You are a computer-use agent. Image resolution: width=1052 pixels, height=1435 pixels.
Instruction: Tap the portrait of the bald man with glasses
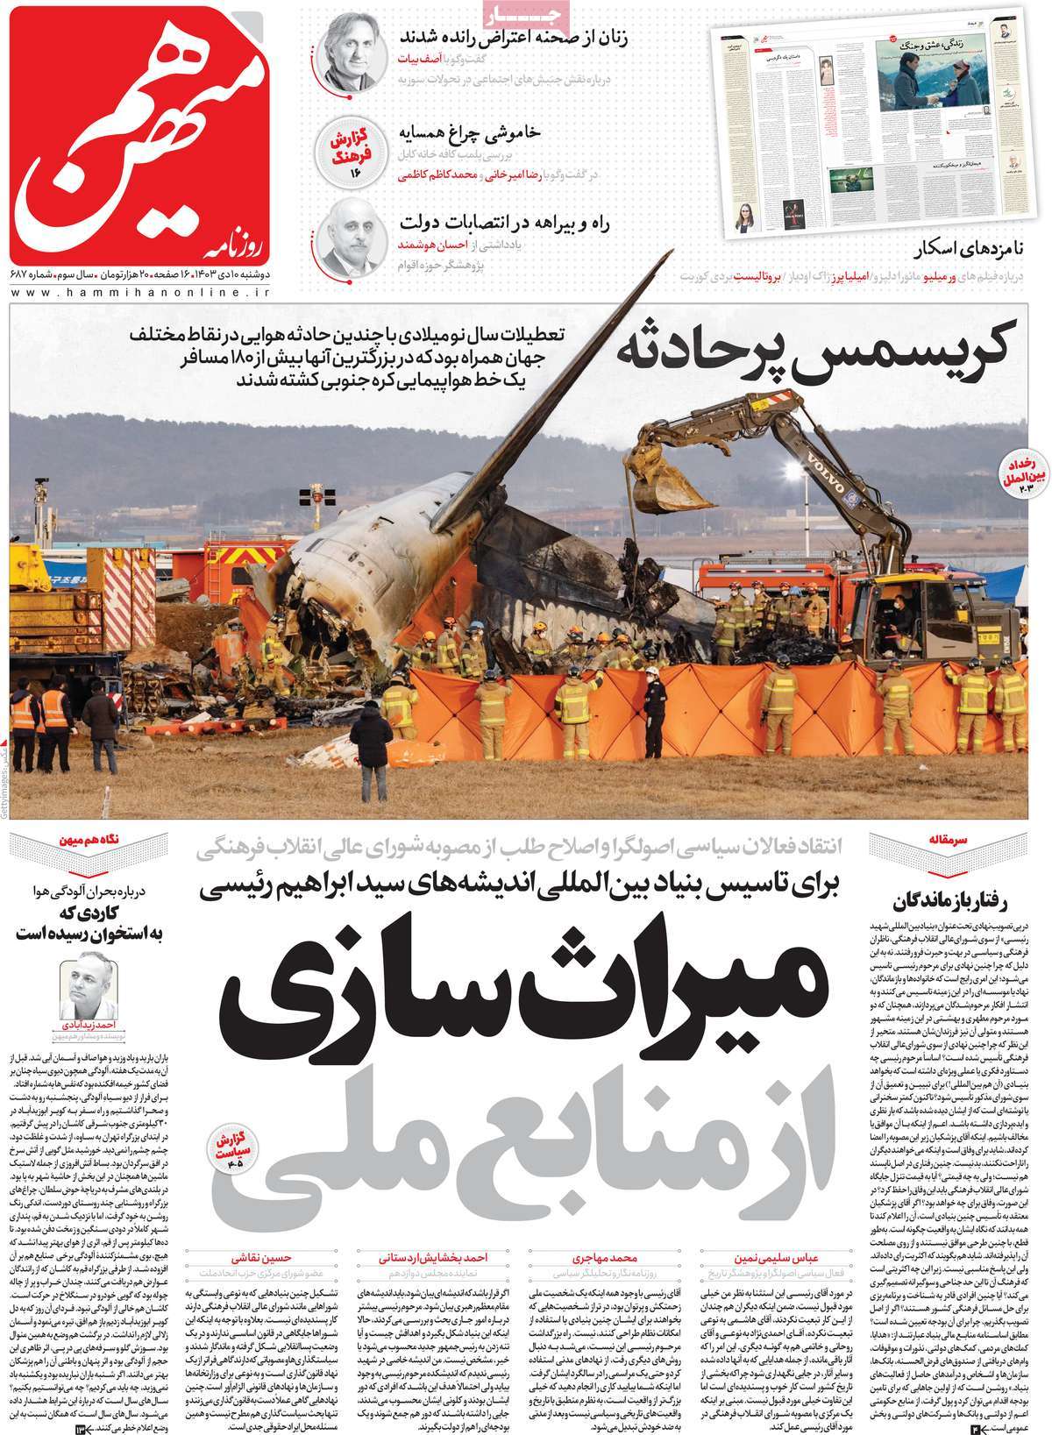tap(351, 238)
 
